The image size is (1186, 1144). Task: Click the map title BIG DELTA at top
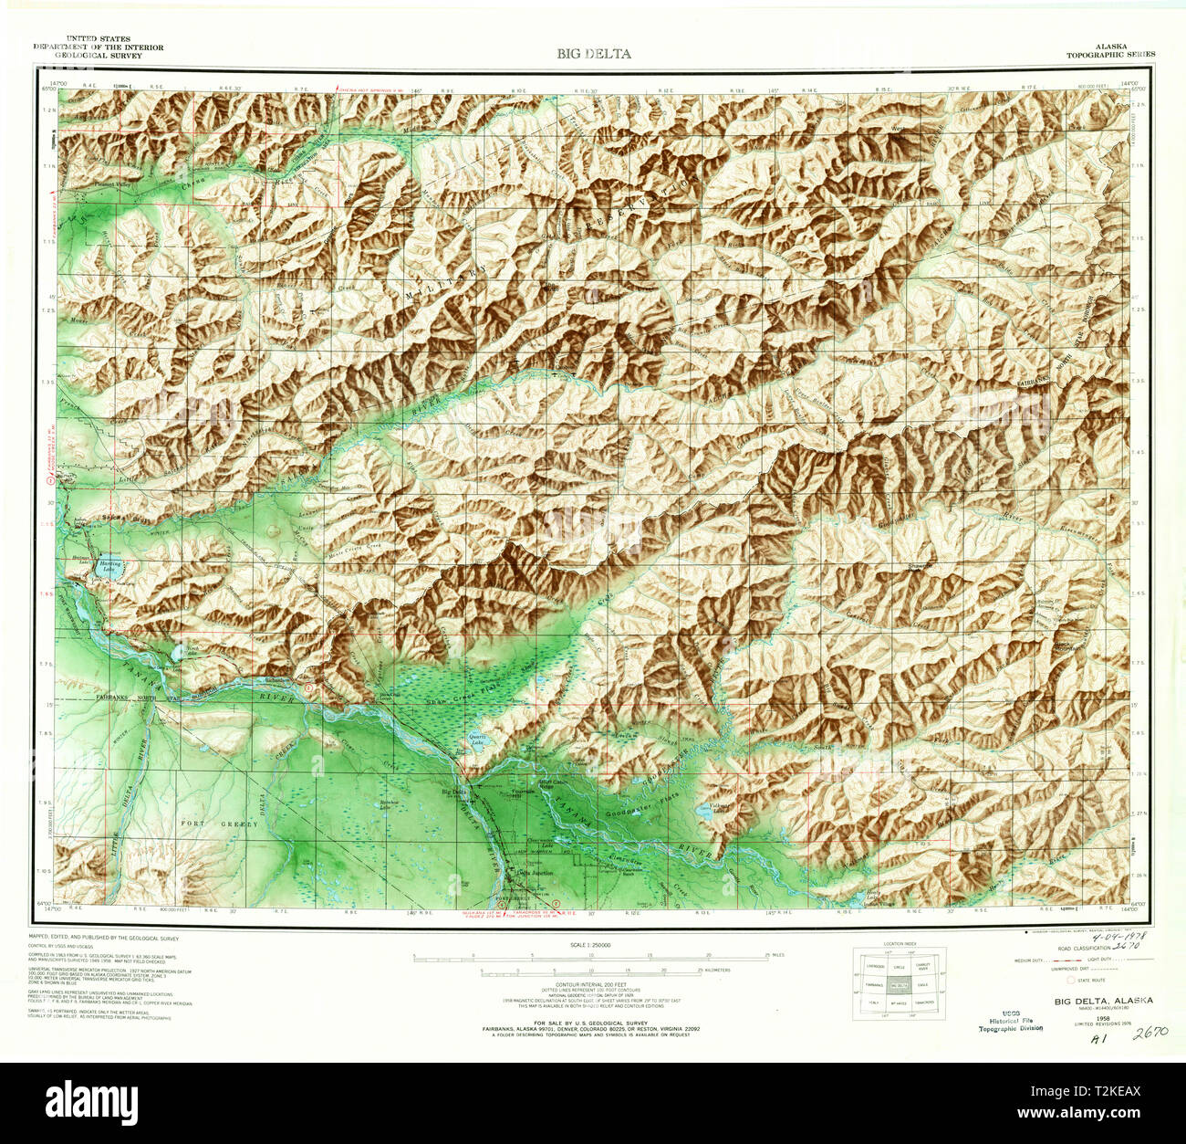point(594,54)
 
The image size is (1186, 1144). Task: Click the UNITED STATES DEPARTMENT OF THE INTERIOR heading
point(99,47)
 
